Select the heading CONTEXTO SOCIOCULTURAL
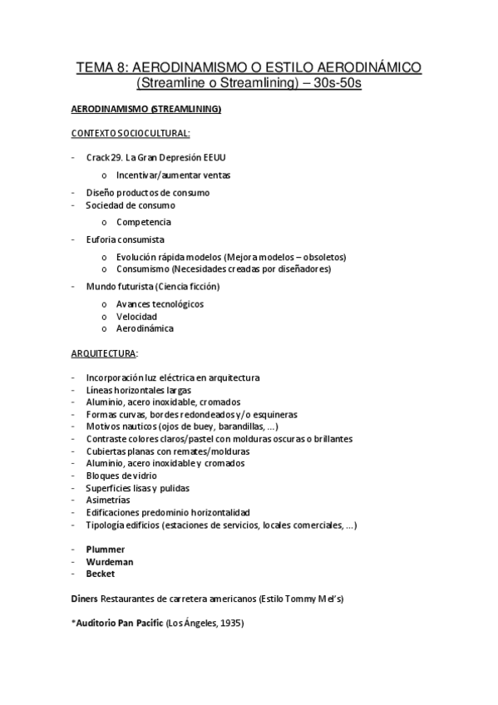pyautogui.click(x=131, y=132)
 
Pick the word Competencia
pyautogui.click(x=144, y=222)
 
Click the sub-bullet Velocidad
pyautogui.click(x=136, y=316)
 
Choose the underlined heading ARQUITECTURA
pyautogui.click(x=104, y=353)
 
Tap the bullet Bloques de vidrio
pyautogui.click(x=121, y=476)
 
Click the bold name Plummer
pyautogui.click(x=106, y=549)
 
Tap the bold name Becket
pyautogui.click(x=101, y=573)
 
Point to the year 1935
pyautogui.click(x=229, y=623)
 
